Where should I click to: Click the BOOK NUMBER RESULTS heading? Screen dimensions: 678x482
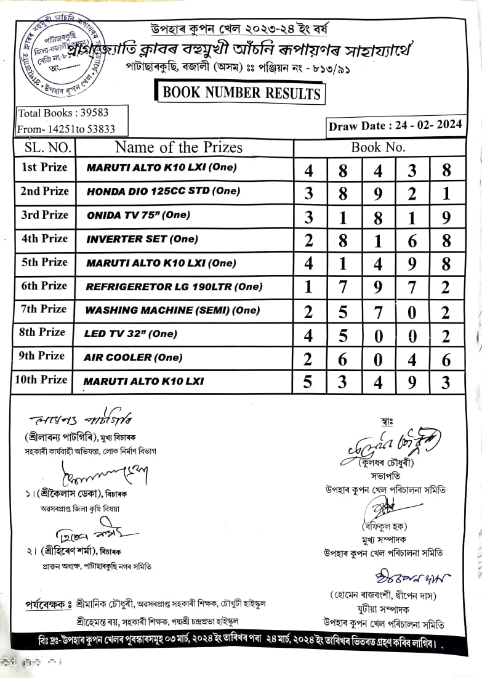pos(241,93)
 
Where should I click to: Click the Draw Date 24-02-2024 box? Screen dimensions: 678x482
pos(395,126)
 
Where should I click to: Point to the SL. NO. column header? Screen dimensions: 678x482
pos(45,148)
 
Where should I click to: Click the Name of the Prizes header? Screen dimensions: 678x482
pos(179,147)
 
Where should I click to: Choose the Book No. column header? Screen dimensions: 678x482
pos(378,147)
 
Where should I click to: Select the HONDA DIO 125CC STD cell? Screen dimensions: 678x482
pos(163,191)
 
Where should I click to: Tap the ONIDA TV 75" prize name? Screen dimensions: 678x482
pos(139,215)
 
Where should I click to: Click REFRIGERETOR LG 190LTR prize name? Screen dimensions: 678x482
pos(174,287)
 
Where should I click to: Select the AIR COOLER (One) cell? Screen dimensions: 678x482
pos(133,357)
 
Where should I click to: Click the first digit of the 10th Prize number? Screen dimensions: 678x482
pos(308,382)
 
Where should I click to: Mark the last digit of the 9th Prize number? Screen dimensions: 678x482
pos(446,359)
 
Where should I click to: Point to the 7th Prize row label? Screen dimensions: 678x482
pos(44,309)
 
